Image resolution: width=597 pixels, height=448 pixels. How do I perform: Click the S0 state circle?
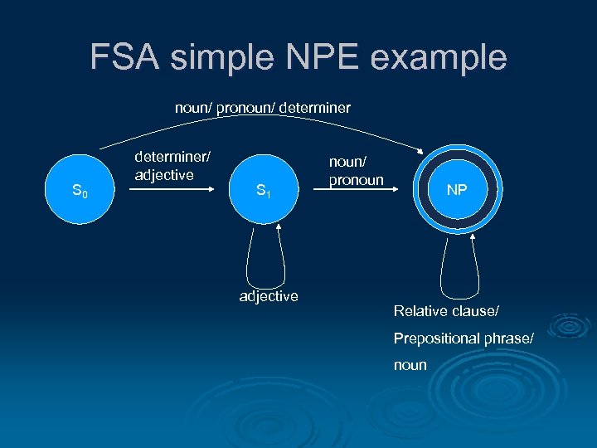coord(80,192)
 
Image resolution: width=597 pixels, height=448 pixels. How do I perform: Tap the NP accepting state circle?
coord(457,190)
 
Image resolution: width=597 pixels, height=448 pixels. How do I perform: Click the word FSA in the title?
coord(124,58)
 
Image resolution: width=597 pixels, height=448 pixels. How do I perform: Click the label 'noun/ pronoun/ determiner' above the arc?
coord(262,108)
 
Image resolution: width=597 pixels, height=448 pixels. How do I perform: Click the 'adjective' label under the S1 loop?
coord(269,295)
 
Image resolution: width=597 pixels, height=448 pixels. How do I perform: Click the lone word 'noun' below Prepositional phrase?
coord(410,365)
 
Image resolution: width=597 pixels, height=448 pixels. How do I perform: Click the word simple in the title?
coord(221,58)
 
